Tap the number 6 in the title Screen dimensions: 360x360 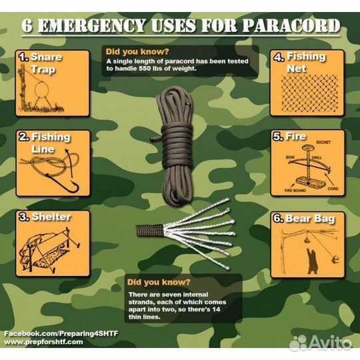pos(28,27)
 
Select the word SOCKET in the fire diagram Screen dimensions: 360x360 pos(324,143)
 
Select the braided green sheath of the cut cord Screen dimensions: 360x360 pos(148,231)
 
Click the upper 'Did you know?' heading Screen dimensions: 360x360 pos(136,51)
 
